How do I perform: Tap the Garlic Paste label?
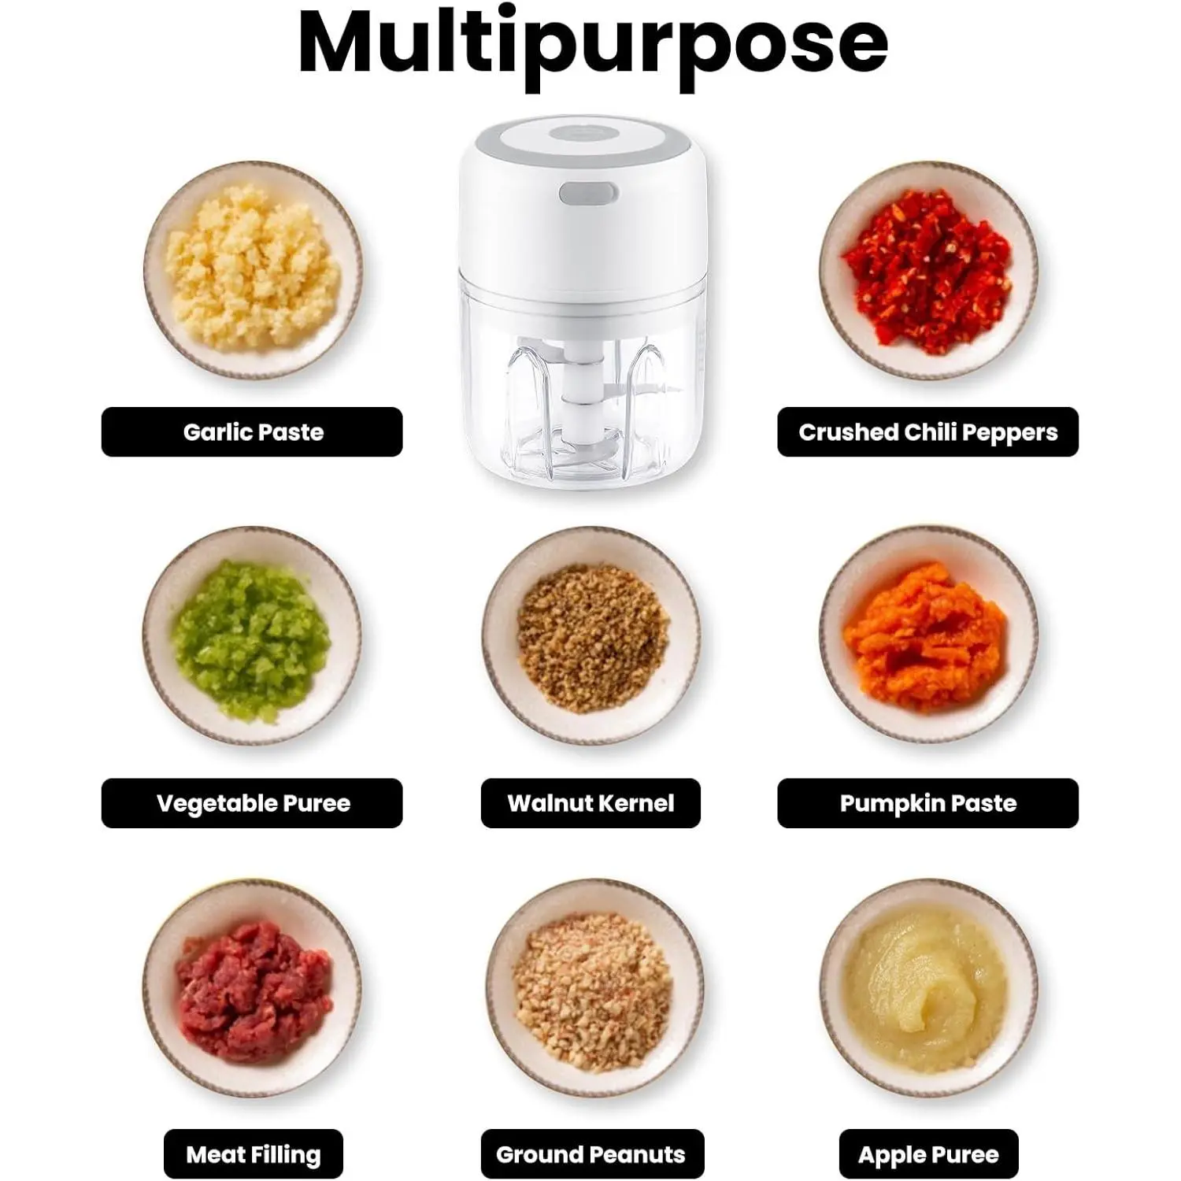[x=252, y=431]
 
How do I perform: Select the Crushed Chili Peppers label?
[x=927, y=431]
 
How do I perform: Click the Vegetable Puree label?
[x=252, y=803]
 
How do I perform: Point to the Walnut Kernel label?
[x=590, y=803]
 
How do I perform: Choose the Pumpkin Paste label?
[x=927, y=803]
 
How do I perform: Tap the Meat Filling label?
[x=253, y=1154]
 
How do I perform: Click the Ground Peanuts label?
[x=591, y=1154]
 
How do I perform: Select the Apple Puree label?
[x=928, y=1154]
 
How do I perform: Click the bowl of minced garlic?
[x=253, y=270]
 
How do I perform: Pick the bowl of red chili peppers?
[x=928, y=270]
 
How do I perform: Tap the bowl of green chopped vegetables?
[x=252, y=636]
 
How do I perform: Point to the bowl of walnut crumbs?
[x=590, y=636]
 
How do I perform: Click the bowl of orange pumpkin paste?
[x=928, y=636]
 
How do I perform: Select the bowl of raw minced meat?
[x=252, y=988]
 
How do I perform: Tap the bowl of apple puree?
[x=928, y=988]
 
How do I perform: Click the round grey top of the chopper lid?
[x=583, y=134]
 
